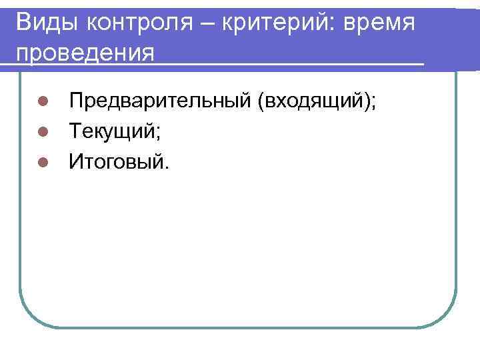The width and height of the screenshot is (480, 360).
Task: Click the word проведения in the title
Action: tap(85, 52)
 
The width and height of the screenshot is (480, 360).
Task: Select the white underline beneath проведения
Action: tap(213, 64)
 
